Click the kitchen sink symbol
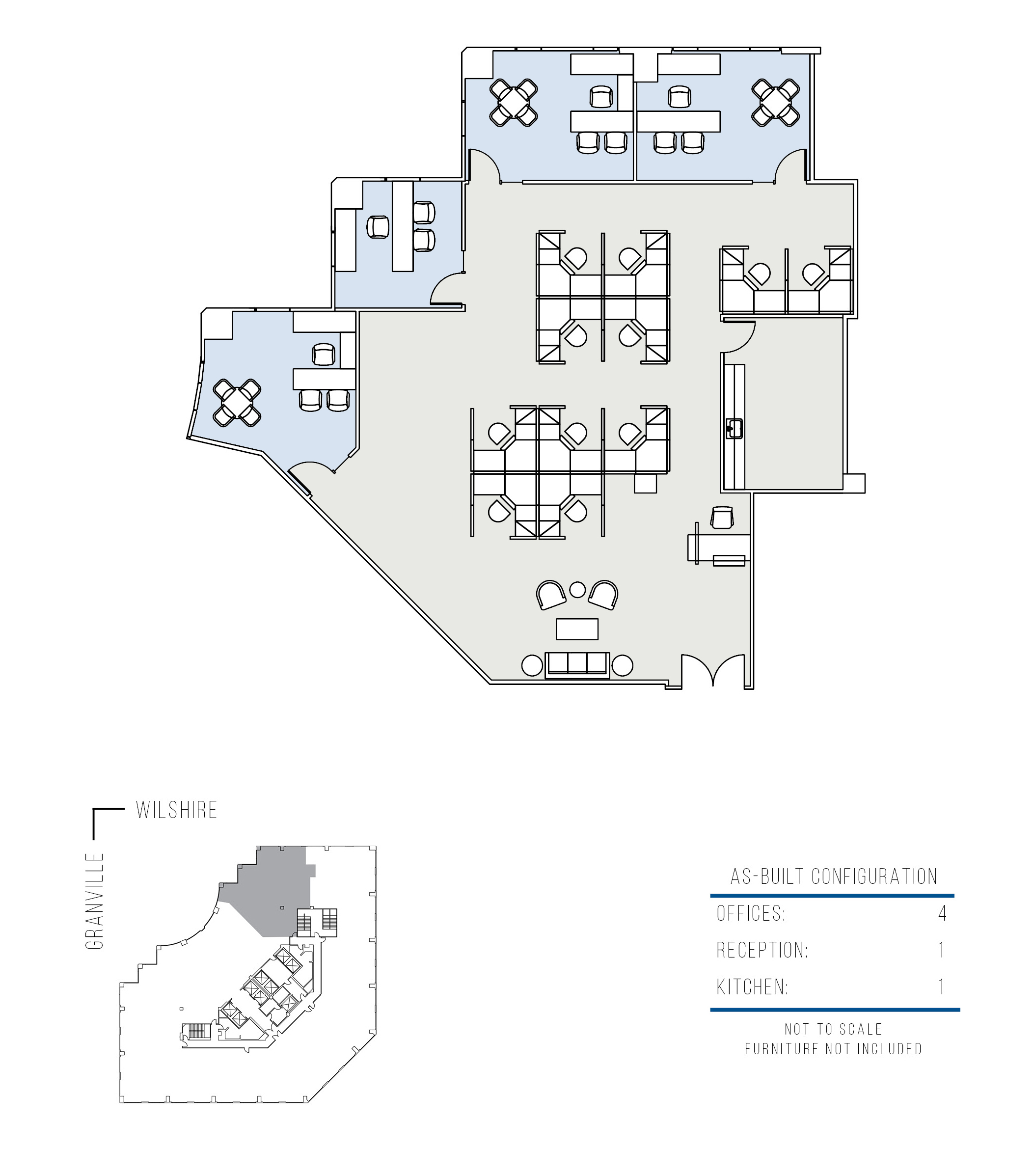[x=734, y=429]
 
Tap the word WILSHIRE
[x=177, y=810]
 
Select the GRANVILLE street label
[x=95, y=901]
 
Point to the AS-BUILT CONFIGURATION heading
[x=834, y=877]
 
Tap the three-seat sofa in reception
[x=577, y=665]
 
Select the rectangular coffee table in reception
[x=576, y=629]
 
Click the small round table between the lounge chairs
[x=577, y=590]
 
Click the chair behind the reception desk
[x=722, y=517]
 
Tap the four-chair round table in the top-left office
[x=514, y=103]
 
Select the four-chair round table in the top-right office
[x=776, y=103]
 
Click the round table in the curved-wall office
[x=237, y=403]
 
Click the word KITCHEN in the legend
[x=753, y=987]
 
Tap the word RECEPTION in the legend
[x=762, y=950]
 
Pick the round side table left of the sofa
[x=532, y=665]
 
